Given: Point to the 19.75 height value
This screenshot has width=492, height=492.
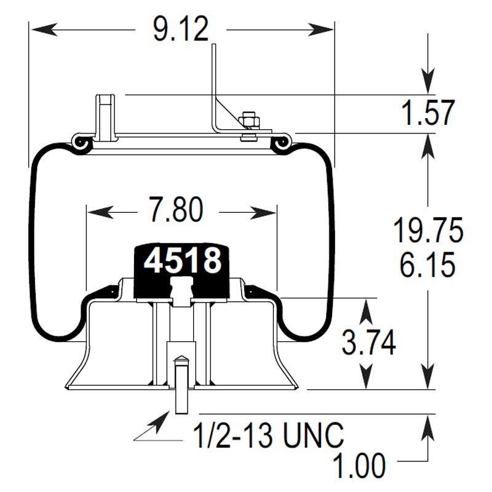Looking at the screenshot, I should point(428,232).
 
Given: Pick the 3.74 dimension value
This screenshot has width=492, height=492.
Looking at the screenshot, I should point(368,343).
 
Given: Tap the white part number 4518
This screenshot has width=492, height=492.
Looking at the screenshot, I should point(182,261).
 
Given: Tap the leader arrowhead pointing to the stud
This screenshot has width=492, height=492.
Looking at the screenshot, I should point(161,421).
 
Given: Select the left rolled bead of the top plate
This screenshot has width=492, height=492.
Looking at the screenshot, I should point(80,142).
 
